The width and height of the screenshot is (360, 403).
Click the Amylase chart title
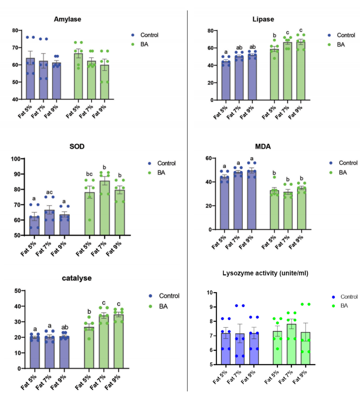coord(67,19)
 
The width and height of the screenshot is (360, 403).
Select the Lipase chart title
coord(263,19)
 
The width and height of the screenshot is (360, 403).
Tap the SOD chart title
coord(77,146)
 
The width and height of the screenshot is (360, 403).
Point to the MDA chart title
coord(263,146)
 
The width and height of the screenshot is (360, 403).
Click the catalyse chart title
coord(77,278)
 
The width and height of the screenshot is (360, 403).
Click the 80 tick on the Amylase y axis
coord(15,30)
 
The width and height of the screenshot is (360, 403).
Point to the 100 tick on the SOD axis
coord(16,159)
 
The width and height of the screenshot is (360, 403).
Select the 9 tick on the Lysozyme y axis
coord(211,307)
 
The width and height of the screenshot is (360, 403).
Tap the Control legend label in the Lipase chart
coord(346,35)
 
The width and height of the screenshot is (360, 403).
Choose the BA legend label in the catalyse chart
coord(163,306)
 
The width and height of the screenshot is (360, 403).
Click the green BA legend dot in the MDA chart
coord(331,173)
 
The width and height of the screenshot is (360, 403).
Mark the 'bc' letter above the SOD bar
coord(89,174)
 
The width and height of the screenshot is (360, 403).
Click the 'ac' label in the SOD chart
coord(49,192)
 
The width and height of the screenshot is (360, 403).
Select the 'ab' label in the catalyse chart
coord(65,327)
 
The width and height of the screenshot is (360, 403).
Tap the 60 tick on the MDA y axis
coord(208,158)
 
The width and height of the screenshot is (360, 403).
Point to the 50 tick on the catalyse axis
coord(18,291)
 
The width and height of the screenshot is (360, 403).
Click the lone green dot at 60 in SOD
coord(90,220)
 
